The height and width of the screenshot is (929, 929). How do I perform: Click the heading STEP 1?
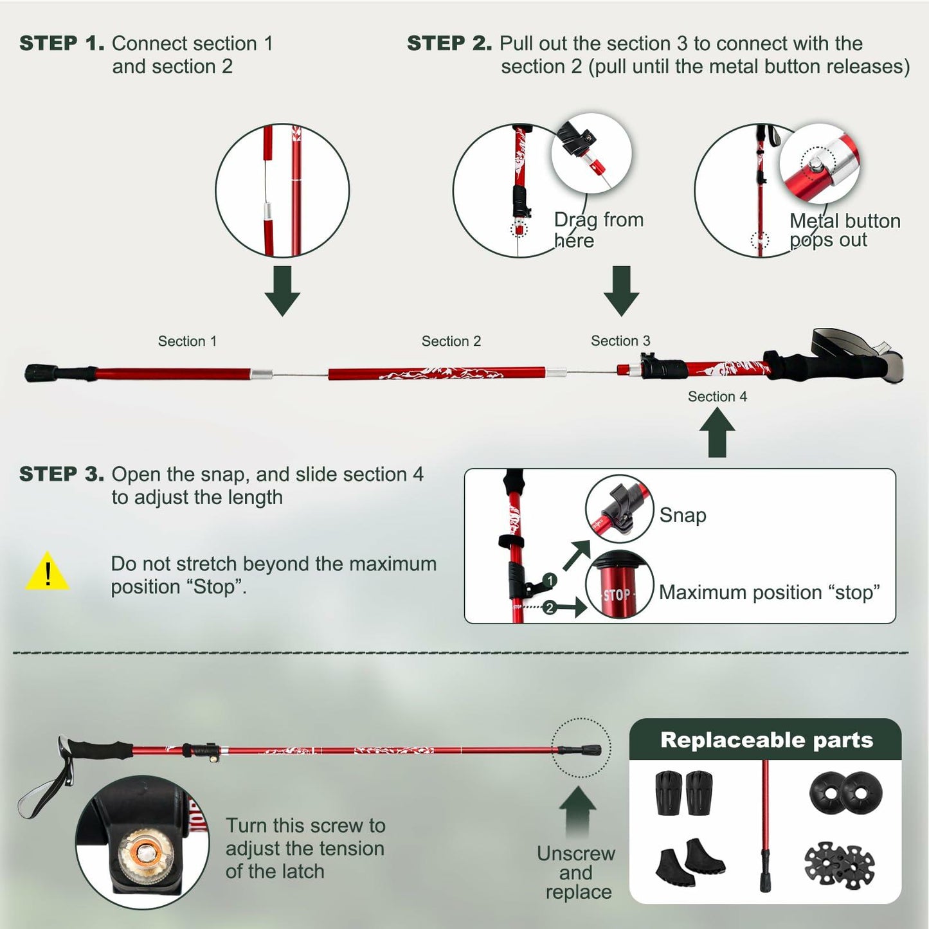pyautogui.click(x=61, y=44)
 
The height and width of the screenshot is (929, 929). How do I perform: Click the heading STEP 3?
pyautogui.click(x=61, y=474)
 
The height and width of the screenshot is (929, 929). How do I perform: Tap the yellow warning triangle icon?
pyautogui.click(x=47, y=572)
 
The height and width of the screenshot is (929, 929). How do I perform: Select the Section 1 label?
pyautogui.click(x=187, y=341)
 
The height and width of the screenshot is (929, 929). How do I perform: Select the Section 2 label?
pyautogui.click(x=451, y=341)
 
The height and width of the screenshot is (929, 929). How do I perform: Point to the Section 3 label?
pyautogui.click(x=620, y=341)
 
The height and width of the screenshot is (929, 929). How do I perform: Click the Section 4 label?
pyautogui.click(x=717, y=397)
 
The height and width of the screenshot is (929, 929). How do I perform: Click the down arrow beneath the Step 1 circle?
pyautogui.click(x=282, y=291)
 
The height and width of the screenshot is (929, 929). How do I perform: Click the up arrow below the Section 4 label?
pyautogui.click(x=717, y=433)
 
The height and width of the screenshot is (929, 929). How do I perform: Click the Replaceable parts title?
pyautogui.click(x=766, y=740)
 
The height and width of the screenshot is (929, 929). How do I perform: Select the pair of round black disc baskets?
pyautogui.click(x=845, y=793)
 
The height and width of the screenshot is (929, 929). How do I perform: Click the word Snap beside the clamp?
pyautogui.click(x=682, y=515)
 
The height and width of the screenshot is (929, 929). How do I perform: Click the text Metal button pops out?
pyautogui.click(x=844, y=230)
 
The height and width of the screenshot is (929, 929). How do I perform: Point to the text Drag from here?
pyautogui.click(x=598, y=230)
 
